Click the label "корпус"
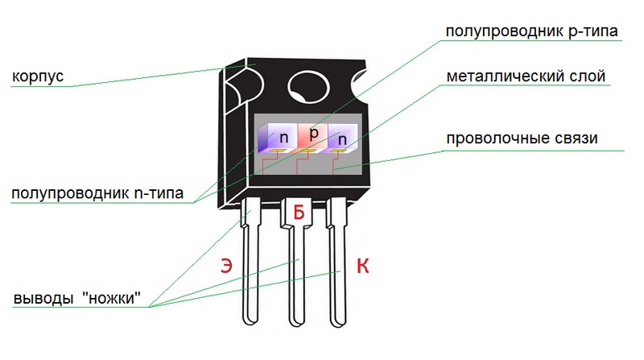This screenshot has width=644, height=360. click(38, 77)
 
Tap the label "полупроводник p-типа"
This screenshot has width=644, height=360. click(531, 33)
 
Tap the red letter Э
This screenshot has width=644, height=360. click(228, 267)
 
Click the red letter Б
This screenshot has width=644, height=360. click(299, 213)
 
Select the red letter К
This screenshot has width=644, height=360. click(363, 267)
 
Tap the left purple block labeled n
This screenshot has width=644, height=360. click(281, 137)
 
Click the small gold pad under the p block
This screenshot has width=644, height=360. click(309, 151)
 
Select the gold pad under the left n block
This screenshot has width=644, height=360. click(279, 151)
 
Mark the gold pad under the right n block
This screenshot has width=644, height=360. click(334, 151)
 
